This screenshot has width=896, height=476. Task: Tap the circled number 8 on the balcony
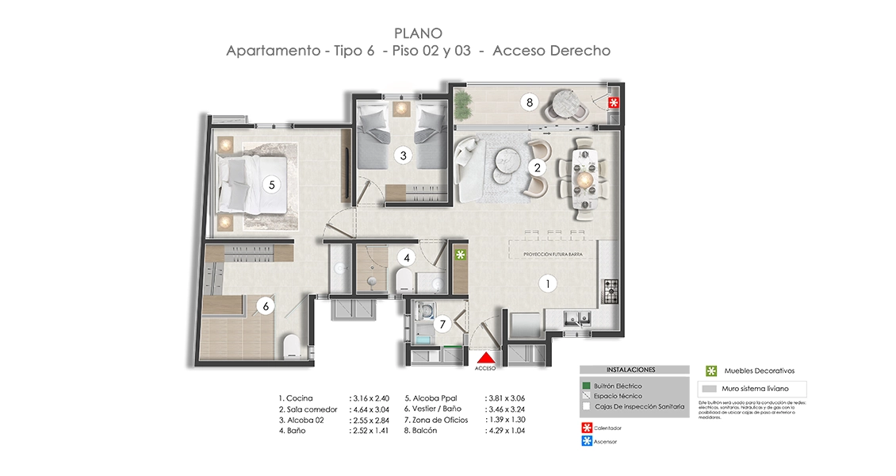(529, 102)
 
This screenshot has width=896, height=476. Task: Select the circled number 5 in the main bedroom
(271, 184)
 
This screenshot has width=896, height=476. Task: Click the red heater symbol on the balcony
(613, 103)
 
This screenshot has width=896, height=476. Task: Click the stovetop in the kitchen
(611, 291)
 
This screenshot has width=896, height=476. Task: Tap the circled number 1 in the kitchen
(546, 282)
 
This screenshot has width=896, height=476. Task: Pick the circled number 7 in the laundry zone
(443, 323)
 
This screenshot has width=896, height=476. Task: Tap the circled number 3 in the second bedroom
(403, 155)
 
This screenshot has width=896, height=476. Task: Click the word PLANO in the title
(418, 33)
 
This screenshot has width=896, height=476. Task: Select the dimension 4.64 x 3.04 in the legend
(371, 409)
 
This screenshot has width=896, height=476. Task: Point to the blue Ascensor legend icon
(586, 441)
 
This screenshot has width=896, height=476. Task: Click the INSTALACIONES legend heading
(630, 370)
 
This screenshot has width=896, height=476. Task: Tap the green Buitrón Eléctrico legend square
(586, 386)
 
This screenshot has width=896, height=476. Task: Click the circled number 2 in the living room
(537, 167)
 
